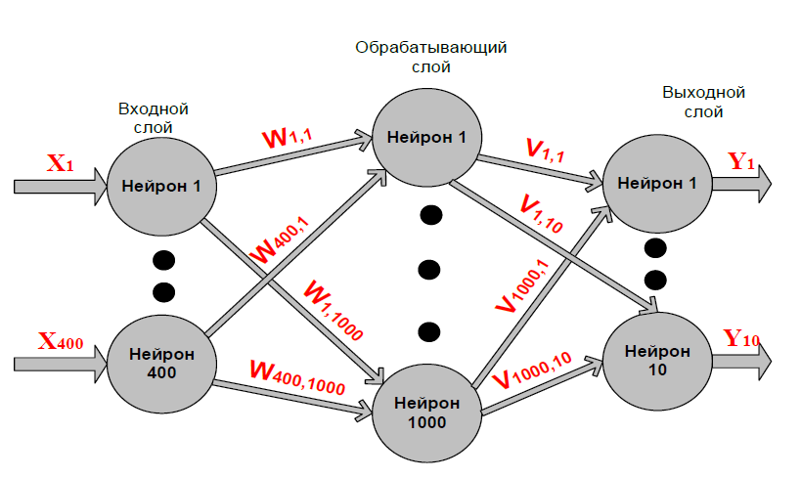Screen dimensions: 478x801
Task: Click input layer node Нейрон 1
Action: pyautogui.click(x=160, y=183)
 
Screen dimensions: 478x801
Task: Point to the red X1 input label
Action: pyautogui.click(x=61, y=163)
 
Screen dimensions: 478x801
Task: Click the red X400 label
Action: pyautogui.click(x=61, y=341)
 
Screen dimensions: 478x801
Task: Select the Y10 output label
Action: pyautogui.click(x=741, y=339)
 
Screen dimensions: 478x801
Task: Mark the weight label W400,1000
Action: pyautogui.click(x=297, y=375)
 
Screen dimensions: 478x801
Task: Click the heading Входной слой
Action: pyautogui.click(x=153, y=117)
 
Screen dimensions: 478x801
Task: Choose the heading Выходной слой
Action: pyautogui.click(x=704, y=103)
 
